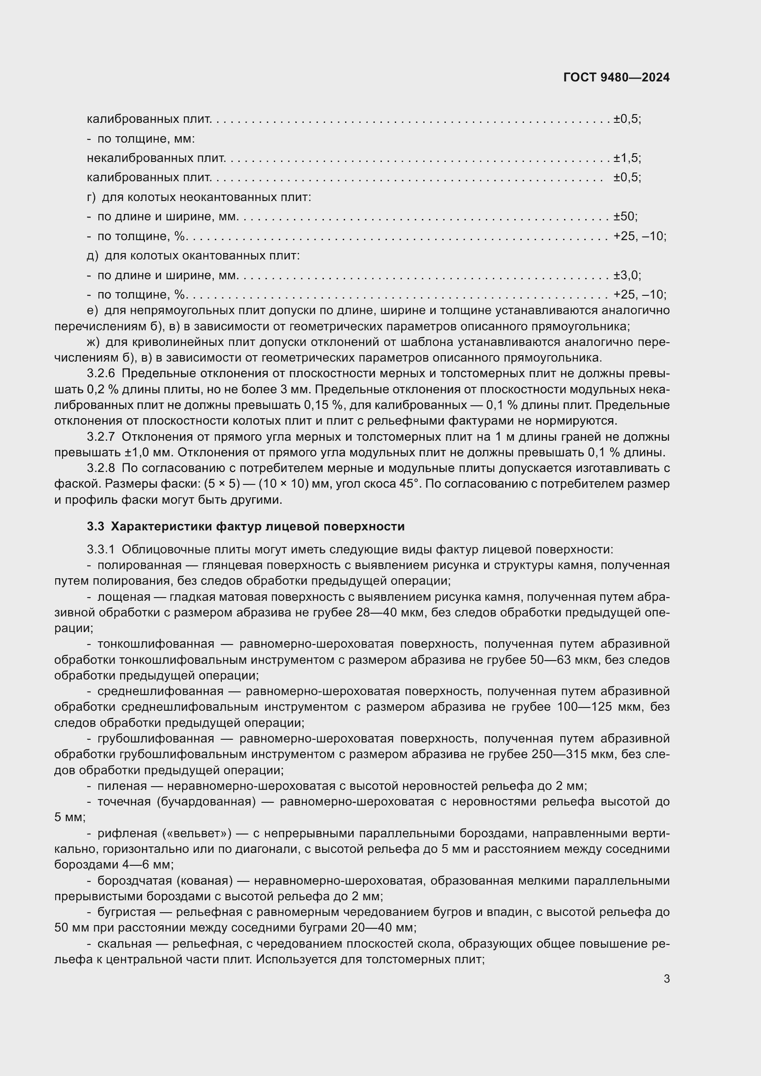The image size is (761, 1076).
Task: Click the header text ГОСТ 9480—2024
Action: point(616,78)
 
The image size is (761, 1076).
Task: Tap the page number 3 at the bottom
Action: point(666,978)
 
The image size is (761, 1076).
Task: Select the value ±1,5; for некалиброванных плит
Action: point(627,158)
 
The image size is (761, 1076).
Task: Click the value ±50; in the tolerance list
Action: point(626,217)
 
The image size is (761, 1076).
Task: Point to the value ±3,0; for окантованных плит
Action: point(627,275)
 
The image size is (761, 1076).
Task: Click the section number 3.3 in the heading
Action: point(95,526)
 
